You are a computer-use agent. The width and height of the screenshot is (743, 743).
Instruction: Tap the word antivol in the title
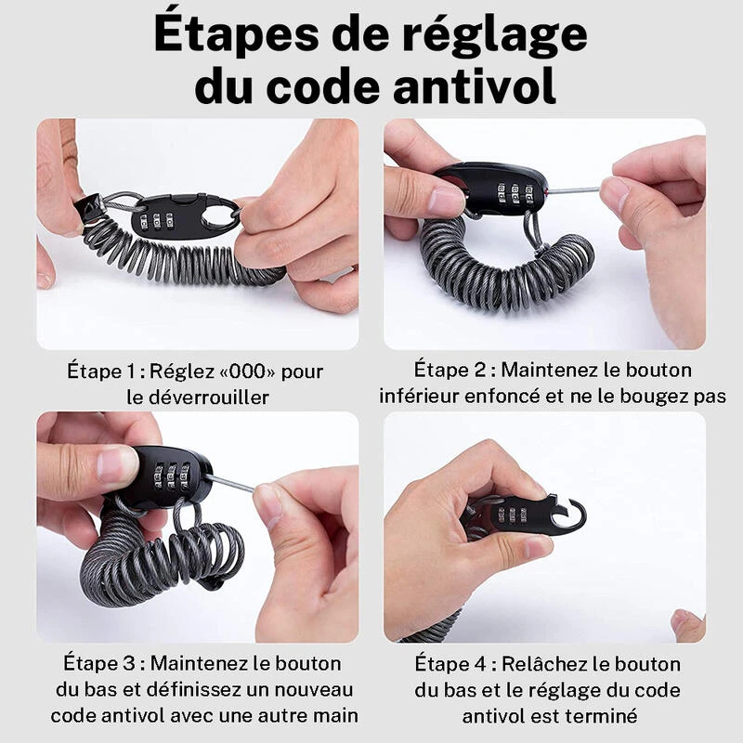475,86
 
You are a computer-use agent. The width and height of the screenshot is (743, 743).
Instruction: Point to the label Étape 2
450,370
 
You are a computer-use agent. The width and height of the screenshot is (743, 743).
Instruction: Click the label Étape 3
99,663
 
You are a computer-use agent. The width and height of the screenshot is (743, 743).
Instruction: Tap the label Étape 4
450,663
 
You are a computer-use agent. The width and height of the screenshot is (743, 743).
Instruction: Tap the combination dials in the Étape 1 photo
156,222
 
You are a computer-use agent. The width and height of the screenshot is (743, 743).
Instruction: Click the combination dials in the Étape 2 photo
515,192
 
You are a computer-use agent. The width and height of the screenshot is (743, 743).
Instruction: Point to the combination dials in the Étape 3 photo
172,476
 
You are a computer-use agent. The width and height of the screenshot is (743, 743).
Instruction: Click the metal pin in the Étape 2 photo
574,190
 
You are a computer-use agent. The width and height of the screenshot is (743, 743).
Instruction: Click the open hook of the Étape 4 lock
572,514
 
